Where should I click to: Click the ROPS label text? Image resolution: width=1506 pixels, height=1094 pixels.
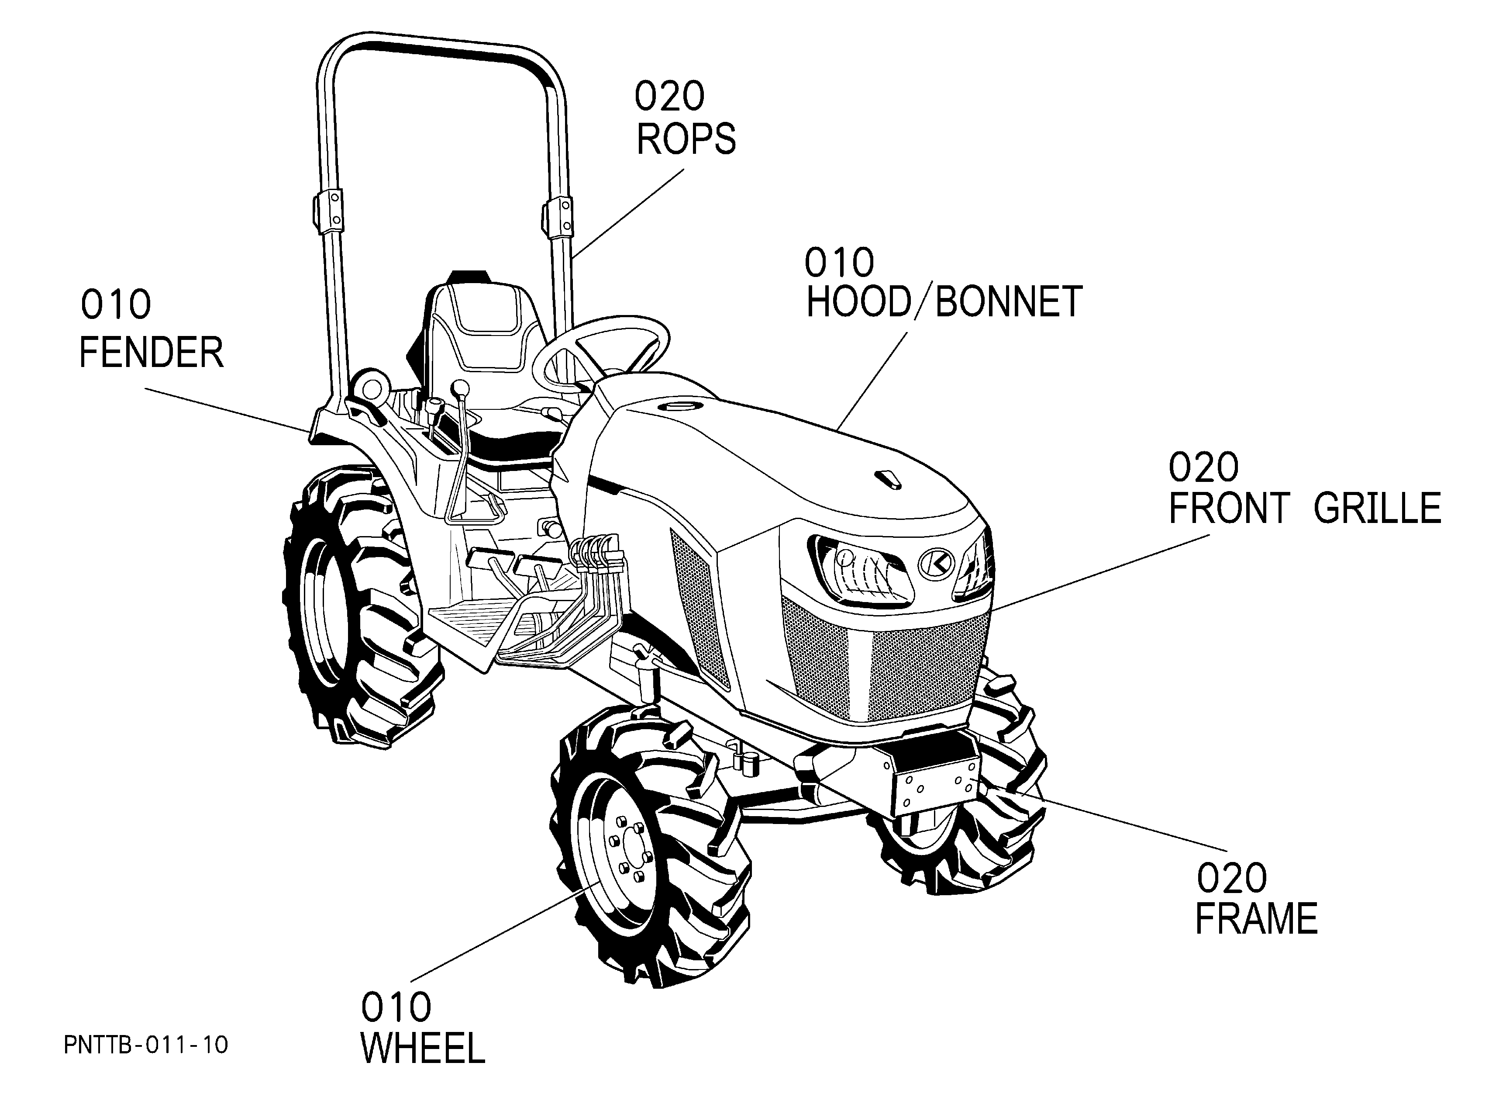[686, 138]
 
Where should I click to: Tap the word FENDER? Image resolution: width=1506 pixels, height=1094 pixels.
[152, 352]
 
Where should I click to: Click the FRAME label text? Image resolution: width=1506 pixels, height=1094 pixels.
[1256, 919]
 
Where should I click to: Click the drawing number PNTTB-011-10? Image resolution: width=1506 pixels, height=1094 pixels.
[146, 1045]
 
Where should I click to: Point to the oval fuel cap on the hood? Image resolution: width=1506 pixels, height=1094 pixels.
[681, 405]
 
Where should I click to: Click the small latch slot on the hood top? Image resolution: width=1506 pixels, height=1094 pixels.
[888, 479]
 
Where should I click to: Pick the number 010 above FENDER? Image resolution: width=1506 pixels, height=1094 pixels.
[116, 305]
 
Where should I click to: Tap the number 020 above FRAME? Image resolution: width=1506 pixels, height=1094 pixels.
[1232, 878]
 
